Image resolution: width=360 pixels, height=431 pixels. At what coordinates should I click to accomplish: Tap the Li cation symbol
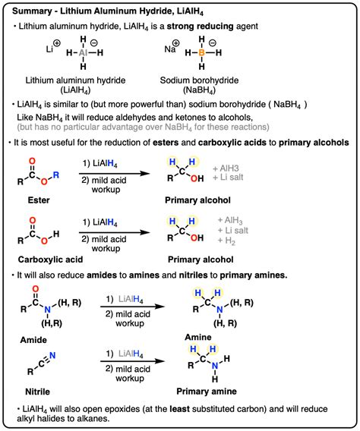[48, 49]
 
